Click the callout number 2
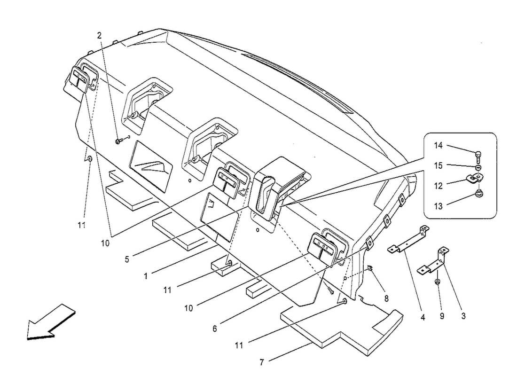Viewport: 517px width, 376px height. [99, 35]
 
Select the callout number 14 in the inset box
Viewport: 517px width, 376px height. [438, 146]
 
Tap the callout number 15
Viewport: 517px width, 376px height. [438, 165]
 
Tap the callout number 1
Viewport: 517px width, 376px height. [146, 276]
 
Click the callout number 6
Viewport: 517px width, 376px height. [215, 329]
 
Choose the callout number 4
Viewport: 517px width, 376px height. [423, 318]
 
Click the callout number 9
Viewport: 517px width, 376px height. [442, 316]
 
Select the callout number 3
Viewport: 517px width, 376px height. [463, 316]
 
